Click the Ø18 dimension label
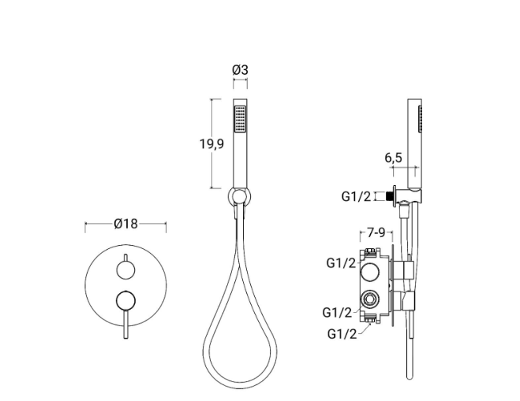(x=125, y=224)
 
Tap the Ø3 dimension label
(x=240, y=70)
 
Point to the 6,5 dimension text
(x=393, y=158)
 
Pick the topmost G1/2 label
(x=356, y=196)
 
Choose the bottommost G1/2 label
(x=342, y=334)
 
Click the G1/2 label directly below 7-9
(x=341, y=262)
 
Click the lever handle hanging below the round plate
(x=125, y=325)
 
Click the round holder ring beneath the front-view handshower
(x=239, y=196)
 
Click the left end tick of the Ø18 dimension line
(x=85, y=224)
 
